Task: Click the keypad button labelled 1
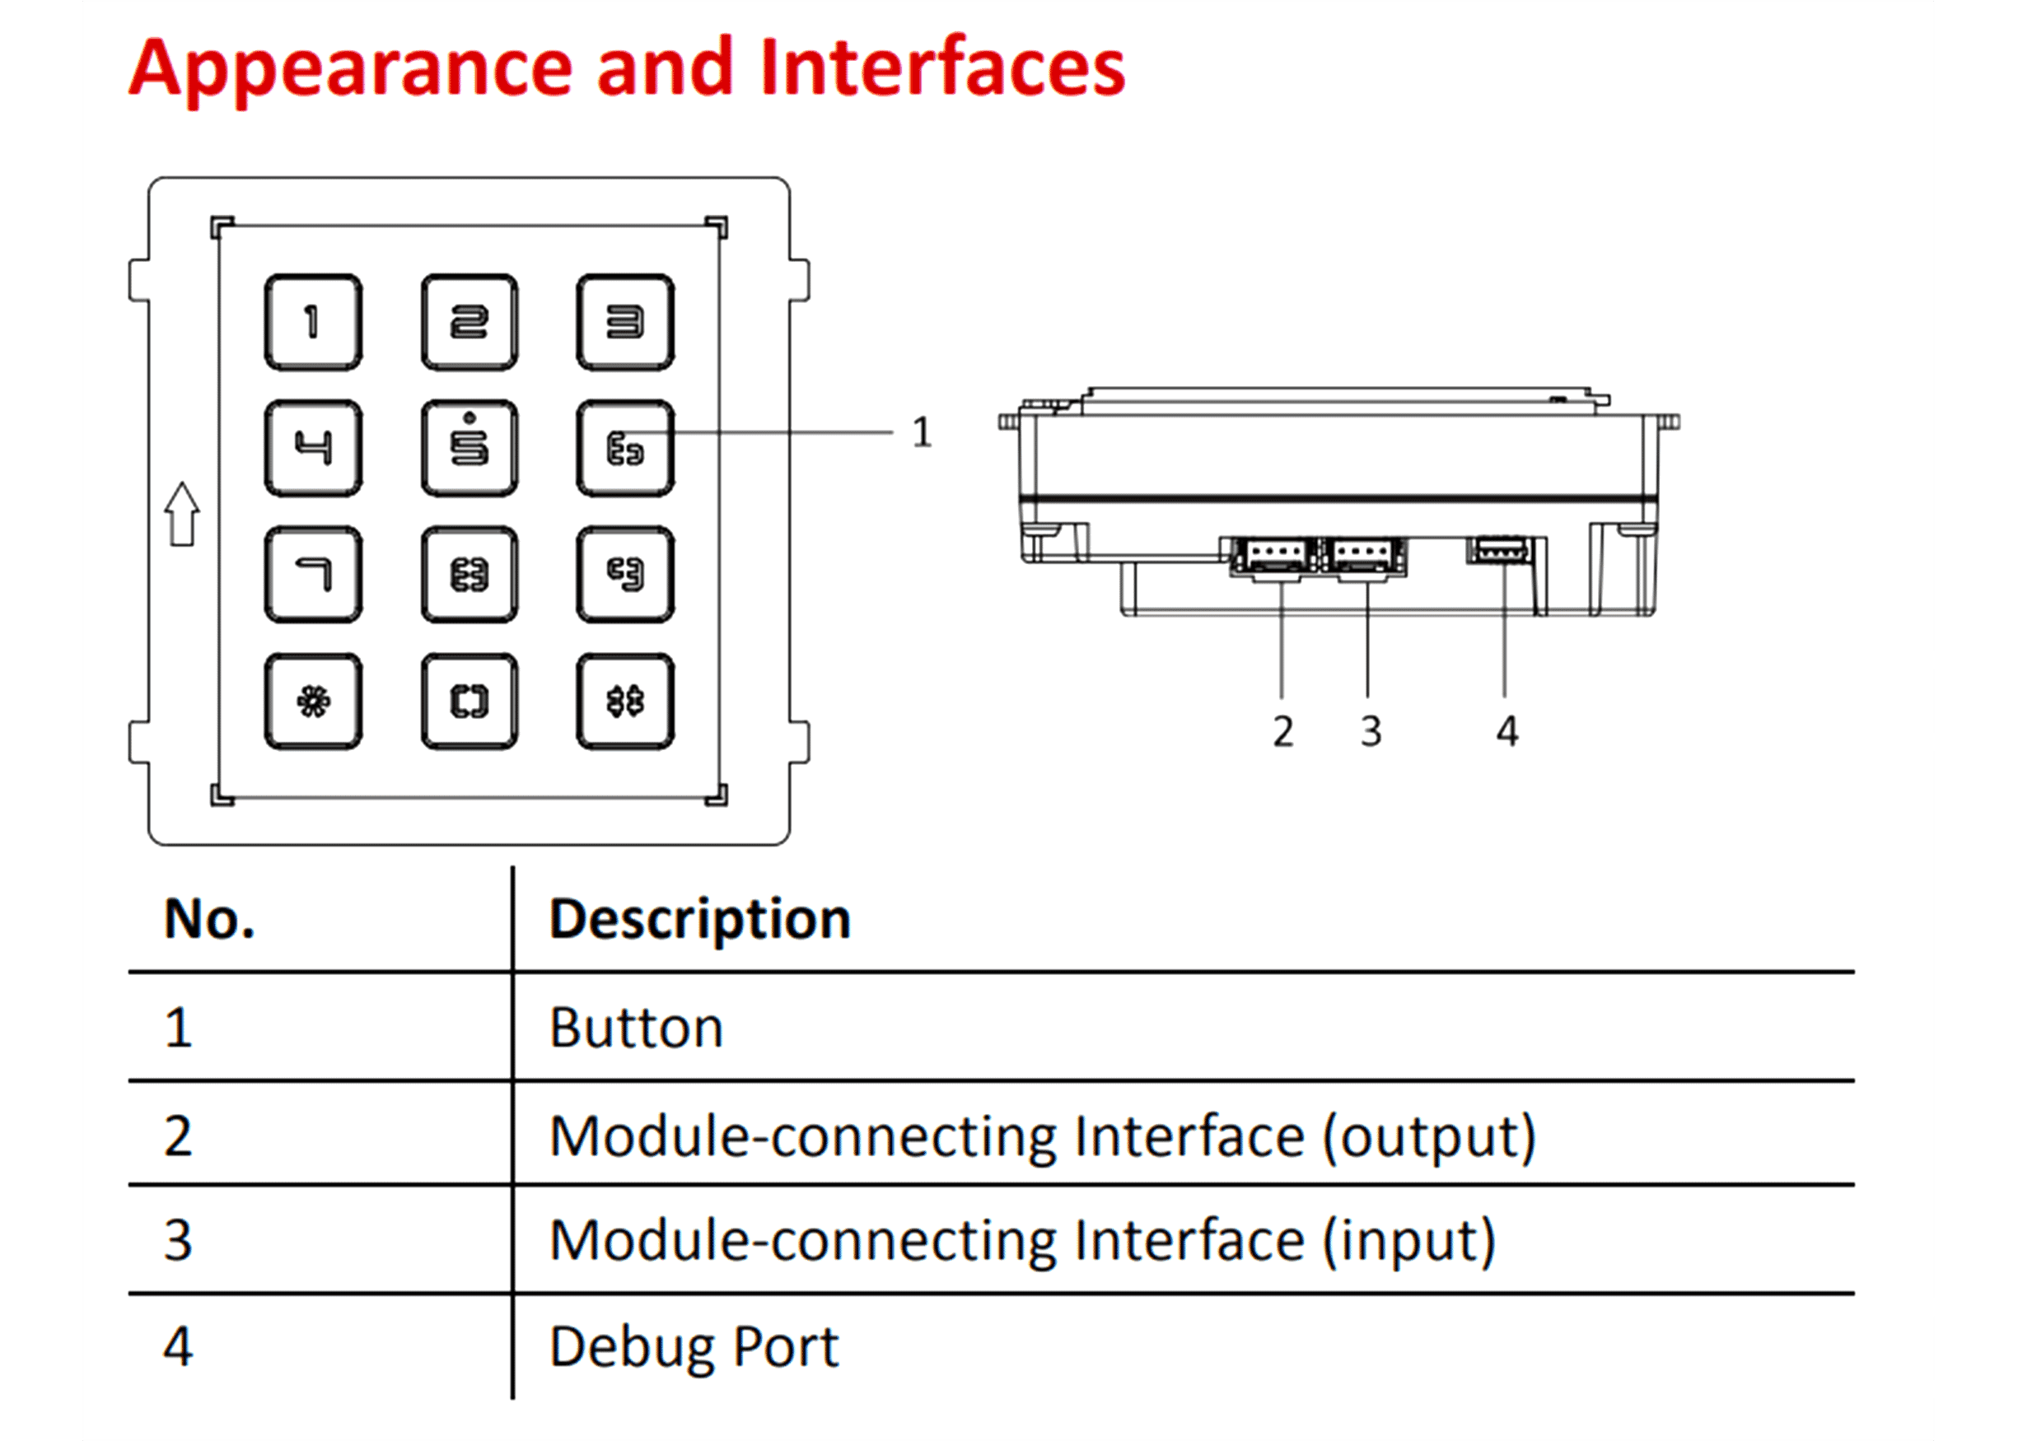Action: [x=313, y=322]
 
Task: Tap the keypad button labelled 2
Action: [x=469, y=322]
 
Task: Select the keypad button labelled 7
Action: [x=313, y=574]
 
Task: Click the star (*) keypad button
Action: [x=313, y=702]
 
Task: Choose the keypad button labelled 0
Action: [x=469, y=702]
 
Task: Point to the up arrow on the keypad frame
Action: [x=183, y=514]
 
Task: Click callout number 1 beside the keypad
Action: [x=922, y=433]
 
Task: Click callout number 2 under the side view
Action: [x=1282, y=732]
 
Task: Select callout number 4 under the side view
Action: [x=1506, y=732]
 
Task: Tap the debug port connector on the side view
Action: [x=1501, y=550]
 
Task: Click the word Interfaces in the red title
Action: [x=942, y=68]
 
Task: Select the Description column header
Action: [x=699, y=918]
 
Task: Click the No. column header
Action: [x=209, y=918]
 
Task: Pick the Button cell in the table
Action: [x=636, y=1028]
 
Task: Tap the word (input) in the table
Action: [x=1409, y=1239]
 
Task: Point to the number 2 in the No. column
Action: [x=177, y=1136]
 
